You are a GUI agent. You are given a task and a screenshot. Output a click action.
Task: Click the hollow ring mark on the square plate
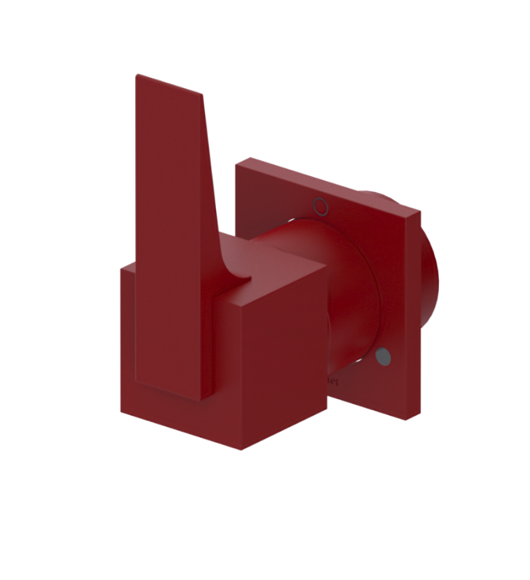(320, 206)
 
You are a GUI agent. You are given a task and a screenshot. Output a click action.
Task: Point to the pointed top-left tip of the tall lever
(137, 75)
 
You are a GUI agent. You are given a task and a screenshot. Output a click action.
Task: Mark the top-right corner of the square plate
(420, 211)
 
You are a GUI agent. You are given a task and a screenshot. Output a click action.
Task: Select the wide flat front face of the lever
(172, 242)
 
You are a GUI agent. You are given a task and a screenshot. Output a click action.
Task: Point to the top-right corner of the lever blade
(203, 96)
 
